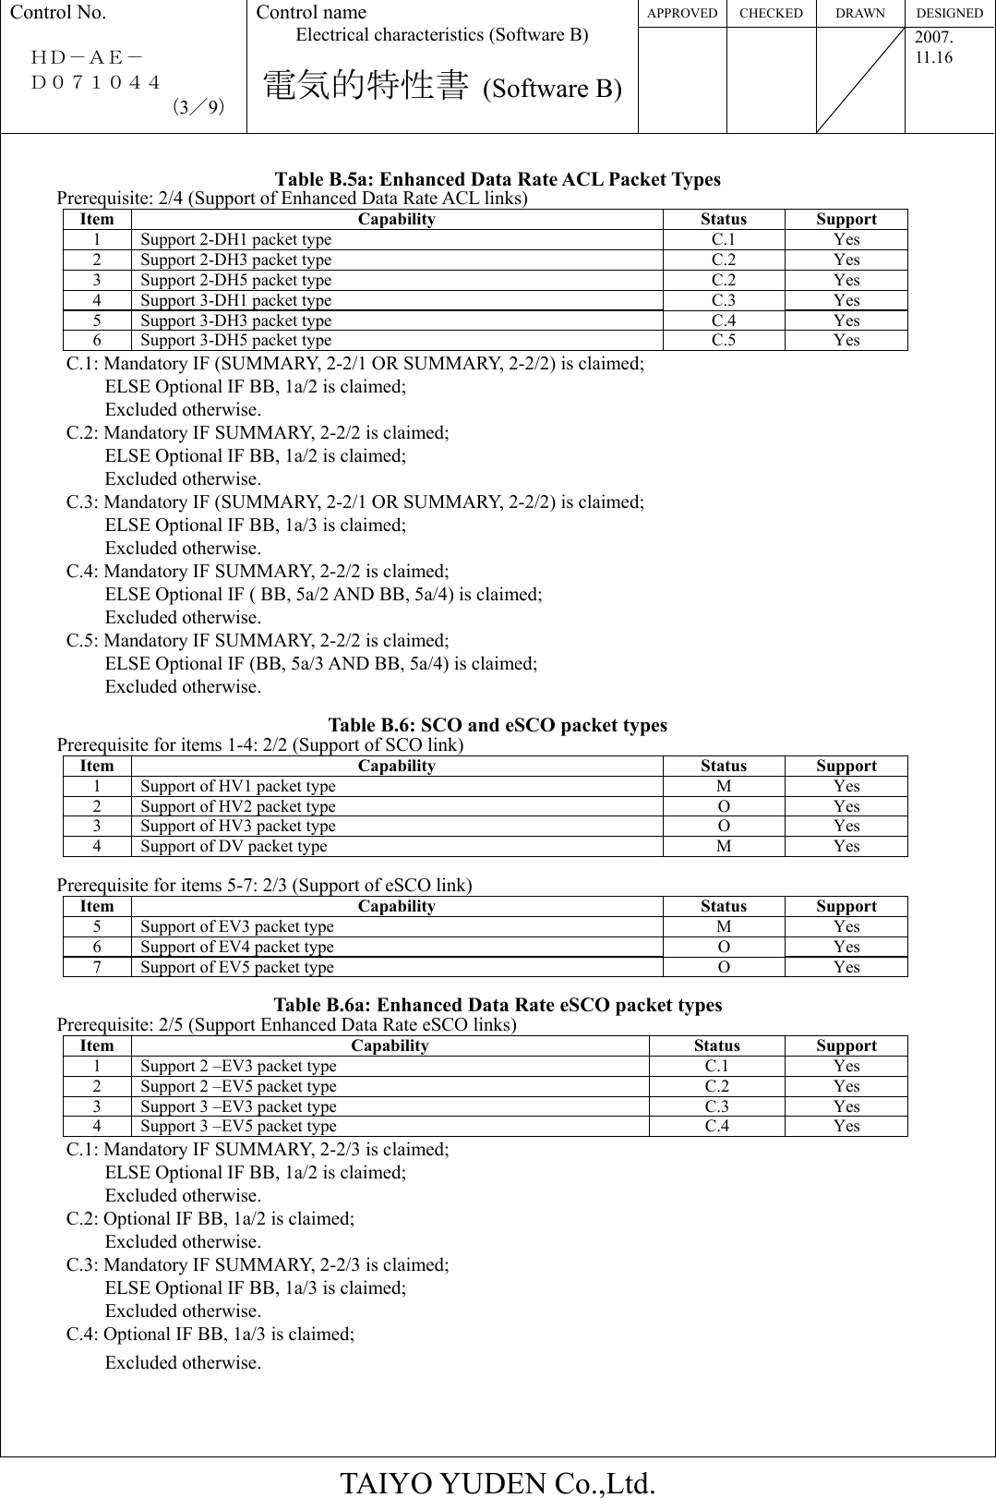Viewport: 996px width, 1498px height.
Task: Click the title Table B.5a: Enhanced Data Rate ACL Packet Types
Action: tap(498, 179)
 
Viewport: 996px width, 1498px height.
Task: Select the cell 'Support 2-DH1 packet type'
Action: tap(235, 240)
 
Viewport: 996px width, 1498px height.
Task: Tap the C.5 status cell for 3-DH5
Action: tap(723, 341)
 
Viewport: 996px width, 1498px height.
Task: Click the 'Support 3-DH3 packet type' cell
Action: tap(235, 321)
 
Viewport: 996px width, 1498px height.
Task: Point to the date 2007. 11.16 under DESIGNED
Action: tap(933, 49)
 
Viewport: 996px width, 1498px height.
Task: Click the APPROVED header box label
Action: tap(682, 13)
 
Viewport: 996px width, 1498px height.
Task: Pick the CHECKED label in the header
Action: tap(771, 13)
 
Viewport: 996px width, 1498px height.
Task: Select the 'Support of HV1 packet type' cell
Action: tap(238, 787)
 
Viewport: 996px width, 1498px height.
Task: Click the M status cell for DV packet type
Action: tap(723, 847)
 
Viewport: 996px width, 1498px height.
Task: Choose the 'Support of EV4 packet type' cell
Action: tap(237, 948)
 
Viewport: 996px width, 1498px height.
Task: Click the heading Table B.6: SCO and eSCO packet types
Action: tap(498, 726)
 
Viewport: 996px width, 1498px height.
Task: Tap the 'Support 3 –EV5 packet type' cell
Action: tap(238, 1127)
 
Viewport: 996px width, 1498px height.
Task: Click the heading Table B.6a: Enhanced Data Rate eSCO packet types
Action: tap(498, 1005)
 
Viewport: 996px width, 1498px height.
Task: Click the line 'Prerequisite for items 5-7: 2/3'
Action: tap(264, 886)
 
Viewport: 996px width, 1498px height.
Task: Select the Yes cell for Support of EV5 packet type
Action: tap(846, 968)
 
